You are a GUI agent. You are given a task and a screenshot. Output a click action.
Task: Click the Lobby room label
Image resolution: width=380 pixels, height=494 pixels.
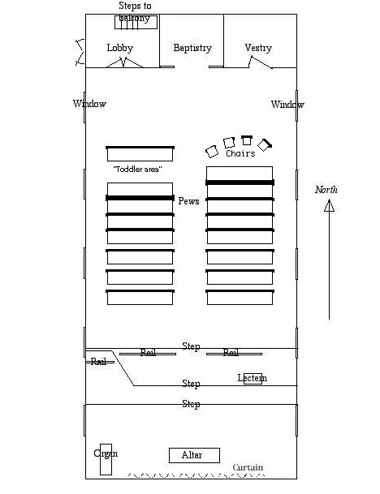pyautogui.click(x=120, y=48)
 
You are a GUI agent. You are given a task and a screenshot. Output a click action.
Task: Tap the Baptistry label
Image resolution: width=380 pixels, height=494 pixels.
pyautogui.click(x=192, y=48)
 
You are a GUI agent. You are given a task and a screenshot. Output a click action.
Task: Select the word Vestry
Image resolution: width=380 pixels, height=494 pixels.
pyautogui.click(x=258, y=48)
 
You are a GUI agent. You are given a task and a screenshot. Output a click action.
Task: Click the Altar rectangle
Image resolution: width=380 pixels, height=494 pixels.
pyautogui.click(x=194, y=455)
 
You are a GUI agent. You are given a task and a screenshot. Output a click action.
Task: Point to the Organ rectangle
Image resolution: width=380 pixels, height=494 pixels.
pyautogui.click(x=106, y=459)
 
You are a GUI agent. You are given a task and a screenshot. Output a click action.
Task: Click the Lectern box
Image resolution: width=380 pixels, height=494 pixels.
pyautogui.click(x=253, y=378)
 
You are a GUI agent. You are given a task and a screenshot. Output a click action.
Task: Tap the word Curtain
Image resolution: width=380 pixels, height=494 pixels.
pyautogui.click(x=248, y=467)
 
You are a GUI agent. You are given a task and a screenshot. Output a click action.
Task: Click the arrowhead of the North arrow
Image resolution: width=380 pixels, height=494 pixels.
pyautogui.click(x=329, y=206)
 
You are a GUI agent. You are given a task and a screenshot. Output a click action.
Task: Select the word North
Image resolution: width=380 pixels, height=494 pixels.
pyautogui.click(x=326, y=190)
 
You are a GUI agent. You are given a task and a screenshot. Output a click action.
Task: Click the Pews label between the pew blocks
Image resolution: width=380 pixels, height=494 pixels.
pyautogui.click(x=188, y=201)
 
